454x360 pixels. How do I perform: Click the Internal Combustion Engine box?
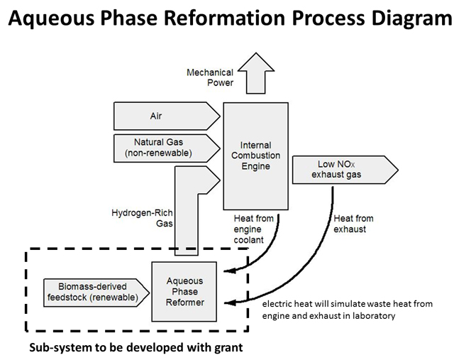point(255,156)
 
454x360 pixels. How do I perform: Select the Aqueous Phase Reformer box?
point(184,292)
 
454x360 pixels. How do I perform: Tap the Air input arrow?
point(167,116)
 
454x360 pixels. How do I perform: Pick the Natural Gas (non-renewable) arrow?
point(167,148)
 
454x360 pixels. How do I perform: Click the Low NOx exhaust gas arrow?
point(345,170)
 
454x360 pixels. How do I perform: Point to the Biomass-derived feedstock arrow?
point(96,293)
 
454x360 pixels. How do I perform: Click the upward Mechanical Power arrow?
point(256,73)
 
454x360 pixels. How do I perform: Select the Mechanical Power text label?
point(210,77)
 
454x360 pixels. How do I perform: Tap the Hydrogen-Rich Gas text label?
point(142,218)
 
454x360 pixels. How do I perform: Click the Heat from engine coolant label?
point(254,229)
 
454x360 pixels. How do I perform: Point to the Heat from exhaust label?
point(353,224)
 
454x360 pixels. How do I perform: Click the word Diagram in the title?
point(411,18)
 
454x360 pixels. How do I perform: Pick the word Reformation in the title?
point(225,17)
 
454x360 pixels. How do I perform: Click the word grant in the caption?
point(228,348)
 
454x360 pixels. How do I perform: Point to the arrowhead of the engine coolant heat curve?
point(229,271)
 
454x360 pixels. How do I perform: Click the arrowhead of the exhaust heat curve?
point(230,303)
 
